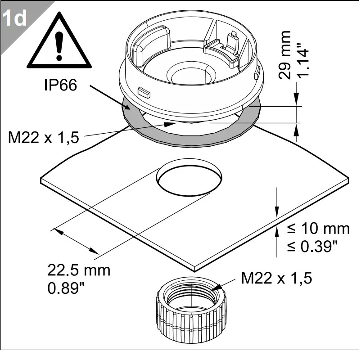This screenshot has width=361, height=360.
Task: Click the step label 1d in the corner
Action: point(14,18)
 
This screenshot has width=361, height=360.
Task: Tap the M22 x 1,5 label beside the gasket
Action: point(44,137)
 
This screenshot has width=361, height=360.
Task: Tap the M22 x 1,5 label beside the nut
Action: point(276,278)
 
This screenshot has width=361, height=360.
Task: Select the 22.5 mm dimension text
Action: point(79,270)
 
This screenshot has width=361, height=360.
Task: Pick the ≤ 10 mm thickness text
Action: point(318,229)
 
